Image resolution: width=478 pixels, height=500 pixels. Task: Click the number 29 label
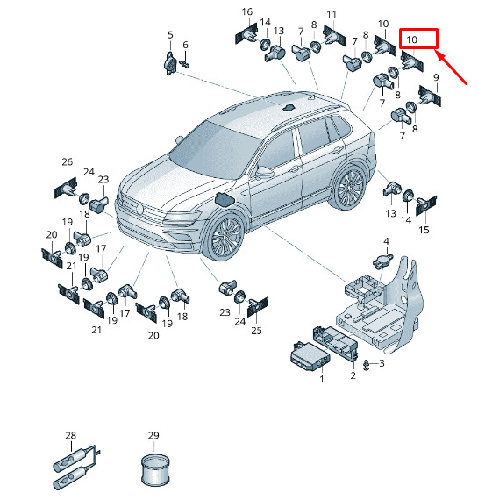[153, 435]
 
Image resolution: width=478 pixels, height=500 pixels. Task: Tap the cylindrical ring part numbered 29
[155, 469]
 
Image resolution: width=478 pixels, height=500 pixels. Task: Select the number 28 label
[71, 435]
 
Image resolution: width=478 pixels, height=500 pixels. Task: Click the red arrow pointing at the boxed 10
[451, 68]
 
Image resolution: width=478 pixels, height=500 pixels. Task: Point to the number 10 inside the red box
[411, 39]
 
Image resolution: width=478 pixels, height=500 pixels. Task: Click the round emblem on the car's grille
[139, 209]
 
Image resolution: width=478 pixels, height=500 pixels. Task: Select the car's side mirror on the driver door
[265, 172]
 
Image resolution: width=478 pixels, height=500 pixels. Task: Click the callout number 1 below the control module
[322, 379]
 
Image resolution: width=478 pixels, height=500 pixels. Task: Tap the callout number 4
[386, 241]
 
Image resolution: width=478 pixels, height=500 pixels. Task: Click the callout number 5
[170, 35]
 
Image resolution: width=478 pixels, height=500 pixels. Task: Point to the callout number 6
[185, 45]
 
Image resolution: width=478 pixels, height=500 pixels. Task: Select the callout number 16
[247, 11]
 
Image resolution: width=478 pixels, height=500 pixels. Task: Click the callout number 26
[68, 161]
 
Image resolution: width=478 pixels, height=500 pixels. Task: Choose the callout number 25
[256, 331]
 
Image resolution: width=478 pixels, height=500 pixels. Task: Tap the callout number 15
[424, 230]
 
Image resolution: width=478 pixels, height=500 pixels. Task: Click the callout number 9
[436, 77]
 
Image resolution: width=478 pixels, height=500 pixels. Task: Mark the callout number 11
[332, 14]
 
